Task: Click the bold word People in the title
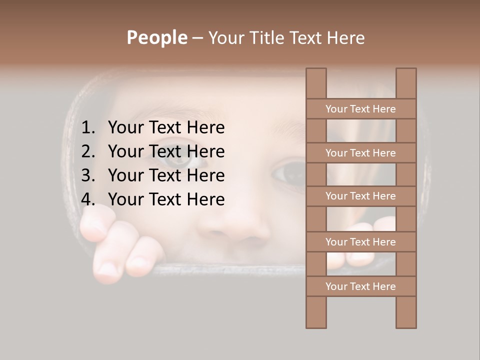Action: (156, 38)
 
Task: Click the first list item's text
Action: (166, 128)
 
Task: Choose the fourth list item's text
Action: (166, 199)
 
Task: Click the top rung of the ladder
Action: (360, 109)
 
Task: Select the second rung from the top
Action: (360, 153)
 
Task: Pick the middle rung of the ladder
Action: (360, 196)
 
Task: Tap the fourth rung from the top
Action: (360, 242)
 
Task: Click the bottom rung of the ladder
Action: (360, 286)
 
